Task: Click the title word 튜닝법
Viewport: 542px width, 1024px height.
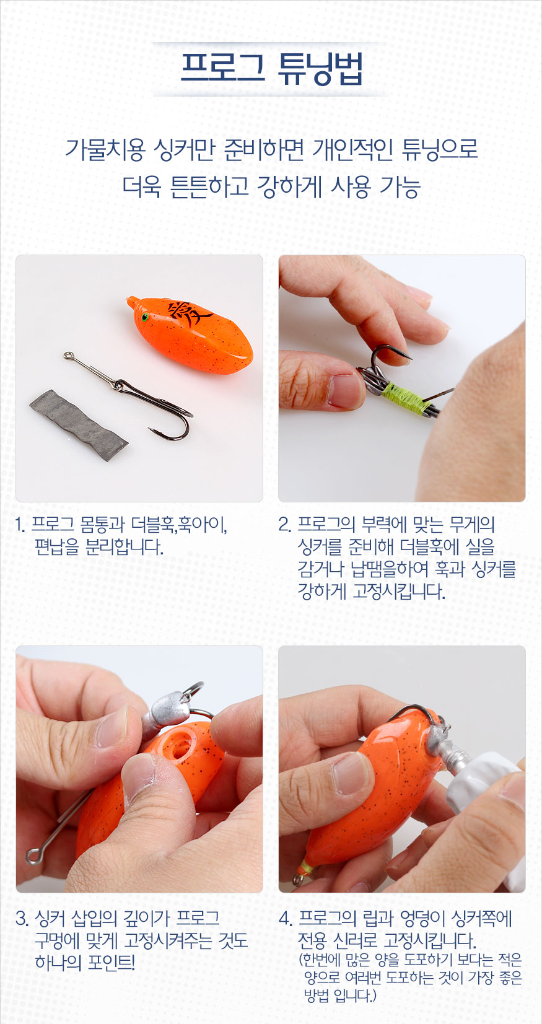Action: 320,69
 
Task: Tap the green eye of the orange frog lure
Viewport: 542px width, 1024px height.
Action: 145,317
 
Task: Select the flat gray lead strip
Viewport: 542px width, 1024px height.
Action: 79,425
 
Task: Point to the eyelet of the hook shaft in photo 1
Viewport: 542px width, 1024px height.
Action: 69,356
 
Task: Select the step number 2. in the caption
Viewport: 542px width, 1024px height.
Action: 284,524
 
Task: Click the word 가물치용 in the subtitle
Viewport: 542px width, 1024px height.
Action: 105,149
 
